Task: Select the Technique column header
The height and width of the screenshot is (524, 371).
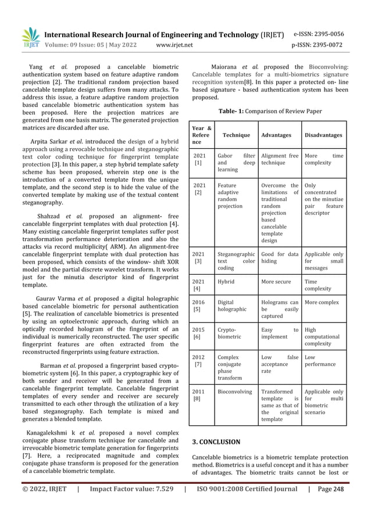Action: (236, 135)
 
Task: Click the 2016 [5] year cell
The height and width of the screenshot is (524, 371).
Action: (199, 306)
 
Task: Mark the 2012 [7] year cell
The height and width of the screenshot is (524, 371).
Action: (199, 361)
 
